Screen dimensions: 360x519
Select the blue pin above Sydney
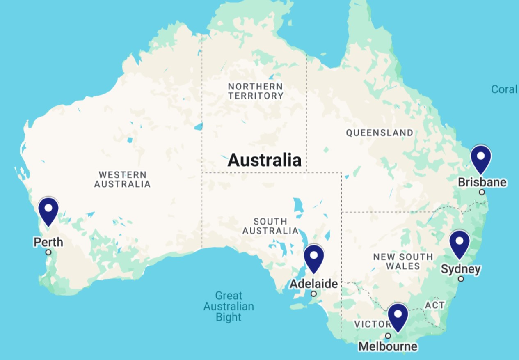point(459,243)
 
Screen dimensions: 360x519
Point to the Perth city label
point(48,242)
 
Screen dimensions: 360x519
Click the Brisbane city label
point(482,182)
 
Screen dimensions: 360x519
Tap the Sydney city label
point(460,269)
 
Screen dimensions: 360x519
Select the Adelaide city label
point(314,284)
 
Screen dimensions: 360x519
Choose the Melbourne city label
point(388,346)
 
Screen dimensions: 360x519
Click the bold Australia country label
point(265,160)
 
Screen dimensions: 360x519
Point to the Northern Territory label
point(256,91)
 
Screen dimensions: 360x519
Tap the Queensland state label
point(380,133)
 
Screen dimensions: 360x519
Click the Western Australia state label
point(122,180)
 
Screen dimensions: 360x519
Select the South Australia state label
point(270,226)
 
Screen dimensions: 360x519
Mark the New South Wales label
point(403,261)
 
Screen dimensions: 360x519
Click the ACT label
point(434,305)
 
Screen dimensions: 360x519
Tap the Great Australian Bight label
point(229,306)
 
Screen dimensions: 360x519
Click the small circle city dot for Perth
point(48,252)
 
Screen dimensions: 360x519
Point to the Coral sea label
point(504,89)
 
